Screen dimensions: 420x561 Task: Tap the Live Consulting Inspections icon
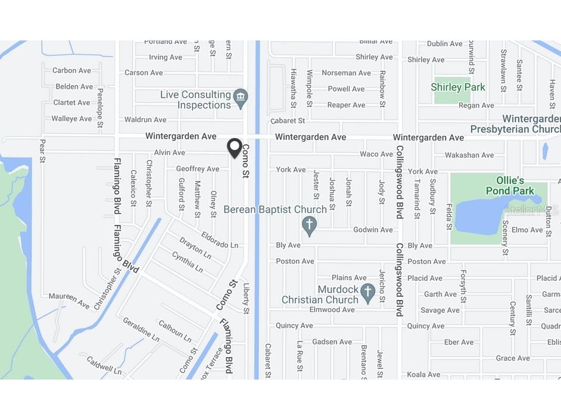click(241, 99)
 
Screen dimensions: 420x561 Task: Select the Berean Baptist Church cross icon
click(308, 225)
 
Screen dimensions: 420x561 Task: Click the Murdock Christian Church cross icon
click(368, 292)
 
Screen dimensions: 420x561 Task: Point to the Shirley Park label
click(457, 87)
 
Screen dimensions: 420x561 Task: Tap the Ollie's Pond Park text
click(510, 186)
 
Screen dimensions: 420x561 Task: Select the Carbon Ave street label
click(72, 70)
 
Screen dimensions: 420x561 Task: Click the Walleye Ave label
click(71, 118)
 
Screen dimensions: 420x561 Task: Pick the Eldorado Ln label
click(219, 240)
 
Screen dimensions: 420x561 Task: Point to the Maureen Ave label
click(69, 300)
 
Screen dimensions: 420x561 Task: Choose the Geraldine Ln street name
click(141, 329)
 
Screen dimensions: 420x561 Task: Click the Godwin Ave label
click(373, 230)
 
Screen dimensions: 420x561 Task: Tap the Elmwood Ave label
click(332, 309)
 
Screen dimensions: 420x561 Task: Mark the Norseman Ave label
click(346, 73)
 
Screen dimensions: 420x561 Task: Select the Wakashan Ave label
click(469, 155)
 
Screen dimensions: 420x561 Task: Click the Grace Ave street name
click(513, 358)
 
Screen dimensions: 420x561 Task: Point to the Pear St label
click(42, 151)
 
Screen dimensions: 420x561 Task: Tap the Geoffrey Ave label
click(198, 169)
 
